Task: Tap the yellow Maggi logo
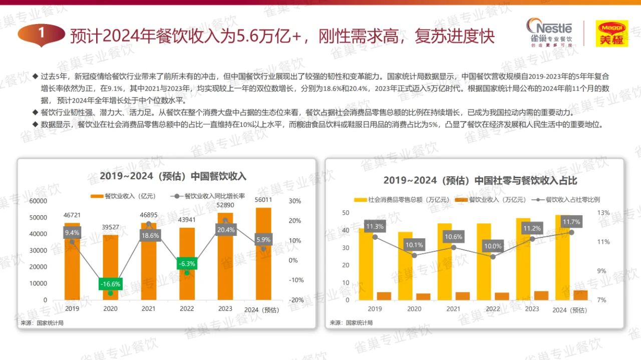click(611, 34)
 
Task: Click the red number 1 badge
click(42, 34)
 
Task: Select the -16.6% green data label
click(110, 284)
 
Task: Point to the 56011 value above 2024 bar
click(263, 200)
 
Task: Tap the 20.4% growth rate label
click(225, 230)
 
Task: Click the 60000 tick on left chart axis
click(38, 201)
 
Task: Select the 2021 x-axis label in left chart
click(148, 309)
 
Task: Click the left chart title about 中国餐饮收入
click(173, 176)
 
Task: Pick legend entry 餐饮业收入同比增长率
click(207, 196)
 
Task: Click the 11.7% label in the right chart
click(571, 222)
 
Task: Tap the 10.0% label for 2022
click(493, 246)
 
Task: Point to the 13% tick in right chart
click(603, 213)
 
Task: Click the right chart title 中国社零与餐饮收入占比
click(473, 180)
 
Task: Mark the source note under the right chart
click(351, 323)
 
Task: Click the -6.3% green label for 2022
click(187, 264)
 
